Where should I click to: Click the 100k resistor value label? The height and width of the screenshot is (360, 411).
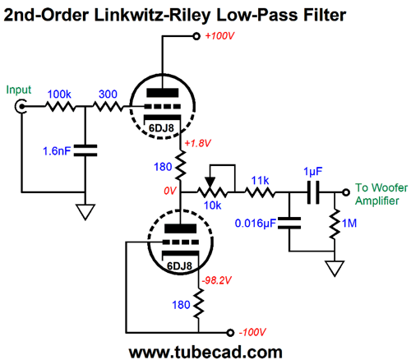pyautogui.click(x=59, y=95)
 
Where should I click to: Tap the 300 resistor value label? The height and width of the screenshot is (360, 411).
pyautogui.click(x=108, y=95)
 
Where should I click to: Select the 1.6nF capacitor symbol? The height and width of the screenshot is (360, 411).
pyautogui.click(x=85, y=150)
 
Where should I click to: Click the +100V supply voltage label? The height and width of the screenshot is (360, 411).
pyautogui.click(x=219, y=36)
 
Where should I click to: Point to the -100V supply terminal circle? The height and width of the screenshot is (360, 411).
pyautogui.click(x=230, y=333)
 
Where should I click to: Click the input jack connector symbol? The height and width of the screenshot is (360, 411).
pyautogui.click(x=20, y=106)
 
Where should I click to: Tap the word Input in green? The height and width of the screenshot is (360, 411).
pyautogui.click(x=19, y=90)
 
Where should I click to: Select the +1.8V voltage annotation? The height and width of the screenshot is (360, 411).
pyautogui.click(x=198, y=143)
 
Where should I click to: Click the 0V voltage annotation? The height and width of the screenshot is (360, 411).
pyautogui.click(x=170, y=191)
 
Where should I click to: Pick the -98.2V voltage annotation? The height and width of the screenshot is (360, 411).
pyautogui.click(x=216, y=280)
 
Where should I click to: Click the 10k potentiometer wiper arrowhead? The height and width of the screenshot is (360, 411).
pyautogui.click(x=210, y=182)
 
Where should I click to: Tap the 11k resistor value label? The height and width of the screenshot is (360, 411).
pyautogui.click(x=260, y=181)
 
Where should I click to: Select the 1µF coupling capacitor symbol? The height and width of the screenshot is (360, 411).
pyautogui.click(x=313, y=192)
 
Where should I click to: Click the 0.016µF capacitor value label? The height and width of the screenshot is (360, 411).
pyautogui.click(x=255, y=224)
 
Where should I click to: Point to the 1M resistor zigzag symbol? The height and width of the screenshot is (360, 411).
pyautogui.click(x=335, y=224)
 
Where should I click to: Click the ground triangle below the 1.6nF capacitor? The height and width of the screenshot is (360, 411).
pyautogui.click(x=85, y=212)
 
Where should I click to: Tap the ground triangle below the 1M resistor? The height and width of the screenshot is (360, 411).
pyautogui.click(x=335, y=268)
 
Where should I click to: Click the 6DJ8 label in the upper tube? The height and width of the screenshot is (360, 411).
pyautogui.click(x=161, y=128)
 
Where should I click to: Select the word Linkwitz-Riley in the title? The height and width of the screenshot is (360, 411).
pyautogui.click(x=152, y=16)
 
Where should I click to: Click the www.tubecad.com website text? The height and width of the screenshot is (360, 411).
pyautogui.click(x=205, y=352)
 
